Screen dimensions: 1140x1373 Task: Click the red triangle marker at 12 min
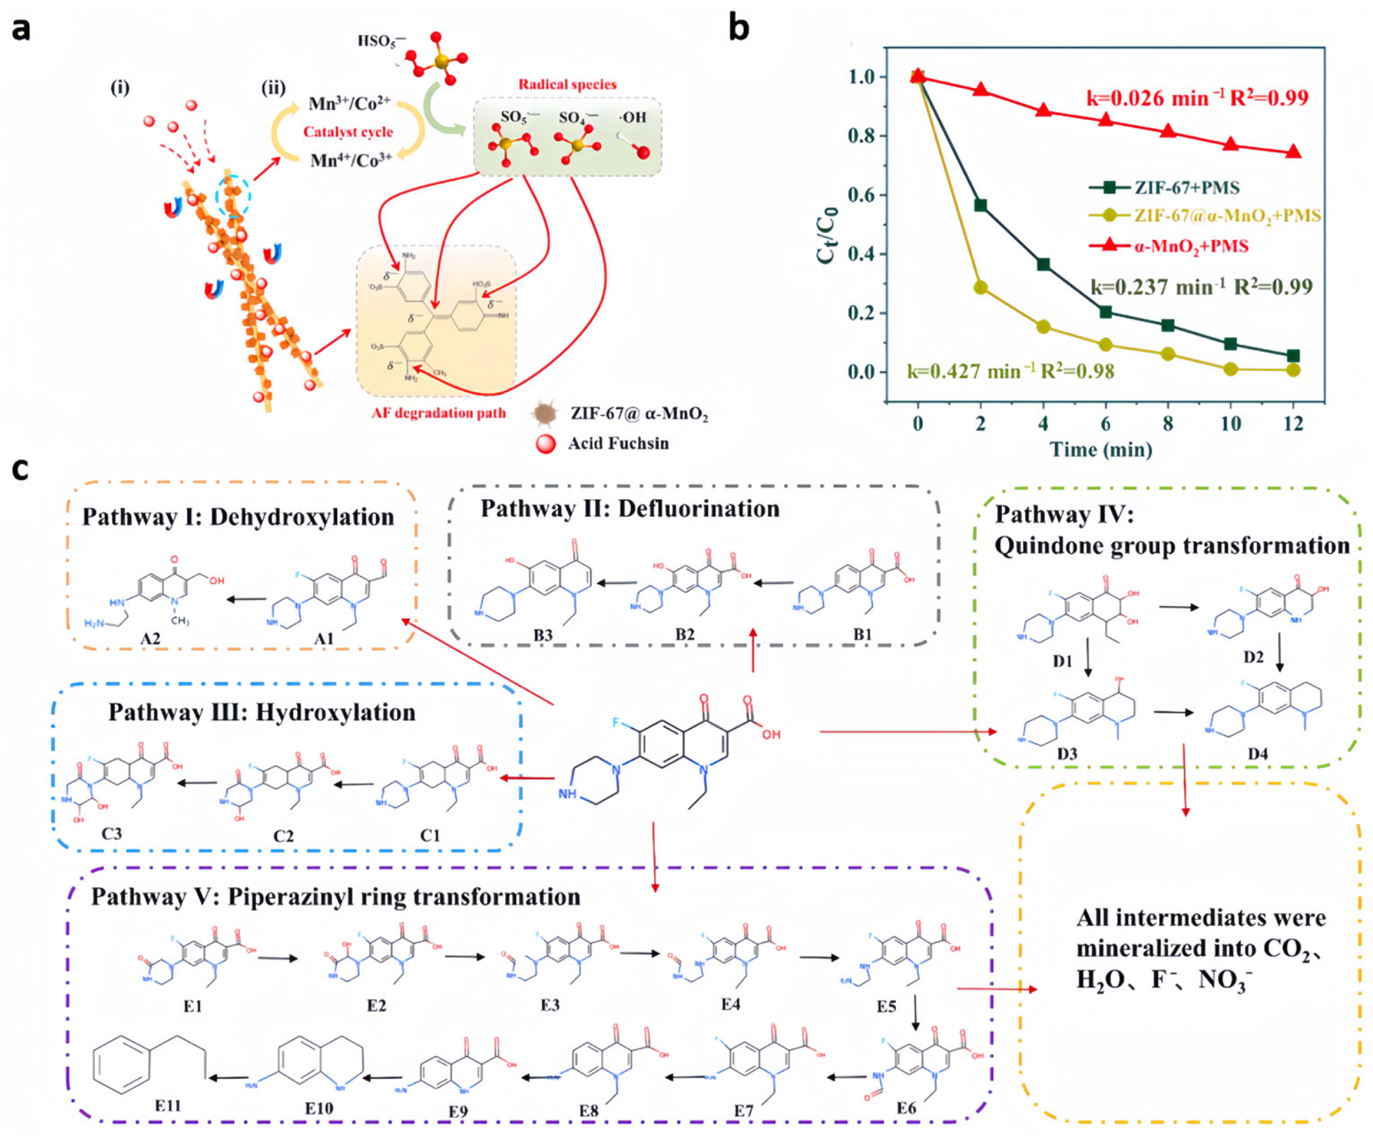tap(1293, 153)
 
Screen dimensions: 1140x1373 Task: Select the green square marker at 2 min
tap(981, 205)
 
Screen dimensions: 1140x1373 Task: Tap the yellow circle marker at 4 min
tap(1044, 327)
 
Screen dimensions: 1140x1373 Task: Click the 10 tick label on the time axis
tap(1231, 423)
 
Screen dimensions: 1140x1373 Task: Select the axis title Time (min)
tap(1101, 450)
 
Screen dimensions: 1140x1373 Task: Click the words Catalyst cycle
tap(348, 132)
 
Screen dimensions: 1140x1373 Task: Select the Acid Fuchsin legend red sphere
tap(546, 444)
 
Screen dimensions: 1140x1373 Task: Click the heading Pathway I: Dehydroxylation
tap(238, 517)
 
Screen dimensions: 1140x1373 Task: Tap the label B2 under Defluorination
tap(684, 635)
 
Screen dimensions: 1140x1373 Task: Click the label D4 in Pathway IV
tap(1257, 754)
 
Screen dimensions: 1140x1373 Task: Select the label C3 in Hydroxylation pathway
tap(111, 834)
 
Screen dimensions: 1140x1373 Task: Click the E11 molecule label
tap(168, 1106)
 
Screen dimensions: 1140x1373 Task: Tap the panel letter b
tap(739, 28)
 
